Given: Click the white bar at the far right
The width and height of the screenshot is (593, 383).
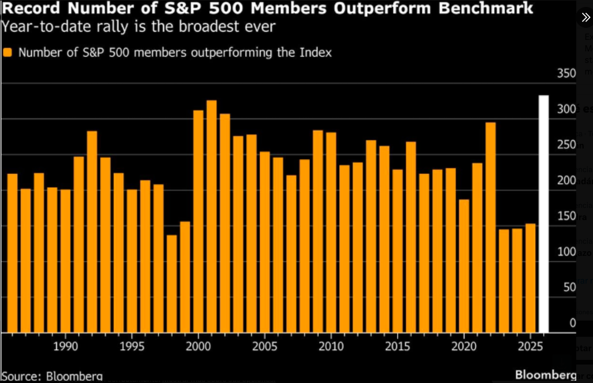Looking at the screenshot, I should click(543, 214).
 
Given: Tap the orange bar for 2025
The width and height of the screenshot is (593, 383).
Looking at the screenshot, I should click(530, 278).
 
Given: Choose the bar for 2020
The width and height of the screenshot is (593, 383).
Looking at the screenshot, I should click(464, 266).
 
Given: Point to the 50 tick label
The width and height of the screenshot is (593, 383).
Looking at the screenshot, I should click(569, 287).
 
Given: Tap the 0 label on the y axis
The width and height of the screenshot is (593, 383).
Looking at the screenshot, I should click(573, 323).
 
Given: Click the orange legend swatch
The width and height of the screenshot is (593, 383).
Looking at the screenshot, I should click(8, 53).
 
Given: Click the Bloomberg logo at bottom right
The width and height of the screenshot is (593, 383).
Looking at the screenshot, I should click(545, 374).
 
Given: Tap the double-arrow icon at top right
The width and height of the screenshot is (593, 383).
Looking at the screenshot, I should click(585, 17).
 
